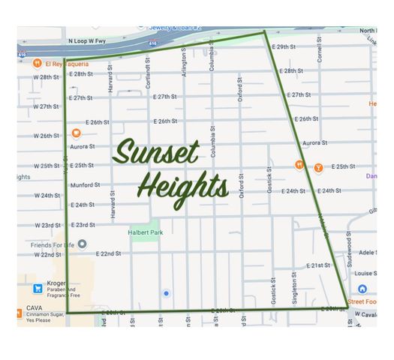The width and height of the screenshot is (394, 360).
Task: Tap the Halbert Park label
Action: click(145, 232)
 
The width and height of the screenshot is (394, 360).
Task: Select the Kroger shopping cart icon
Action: click(38, 288)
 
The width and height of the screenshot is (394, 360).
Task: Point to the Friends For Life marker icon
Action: click(83, 244)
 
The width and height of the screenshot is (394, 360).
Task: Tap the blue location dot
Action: click(166, 293)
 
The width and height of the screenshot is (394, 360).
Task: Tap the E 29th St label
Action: click(284, 46)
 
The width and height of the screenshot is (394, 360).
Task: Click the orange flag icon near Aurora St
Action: click(76, 133)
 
